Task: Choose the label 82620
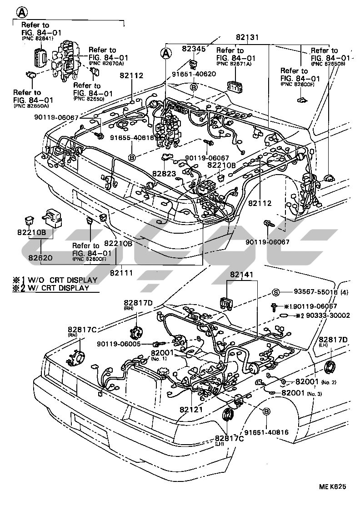coord(41,257)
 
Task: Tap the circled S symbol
coord(275,292)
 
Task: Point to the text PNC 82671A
coord(236,65)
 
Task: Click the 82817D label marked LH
coord(333,340)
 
